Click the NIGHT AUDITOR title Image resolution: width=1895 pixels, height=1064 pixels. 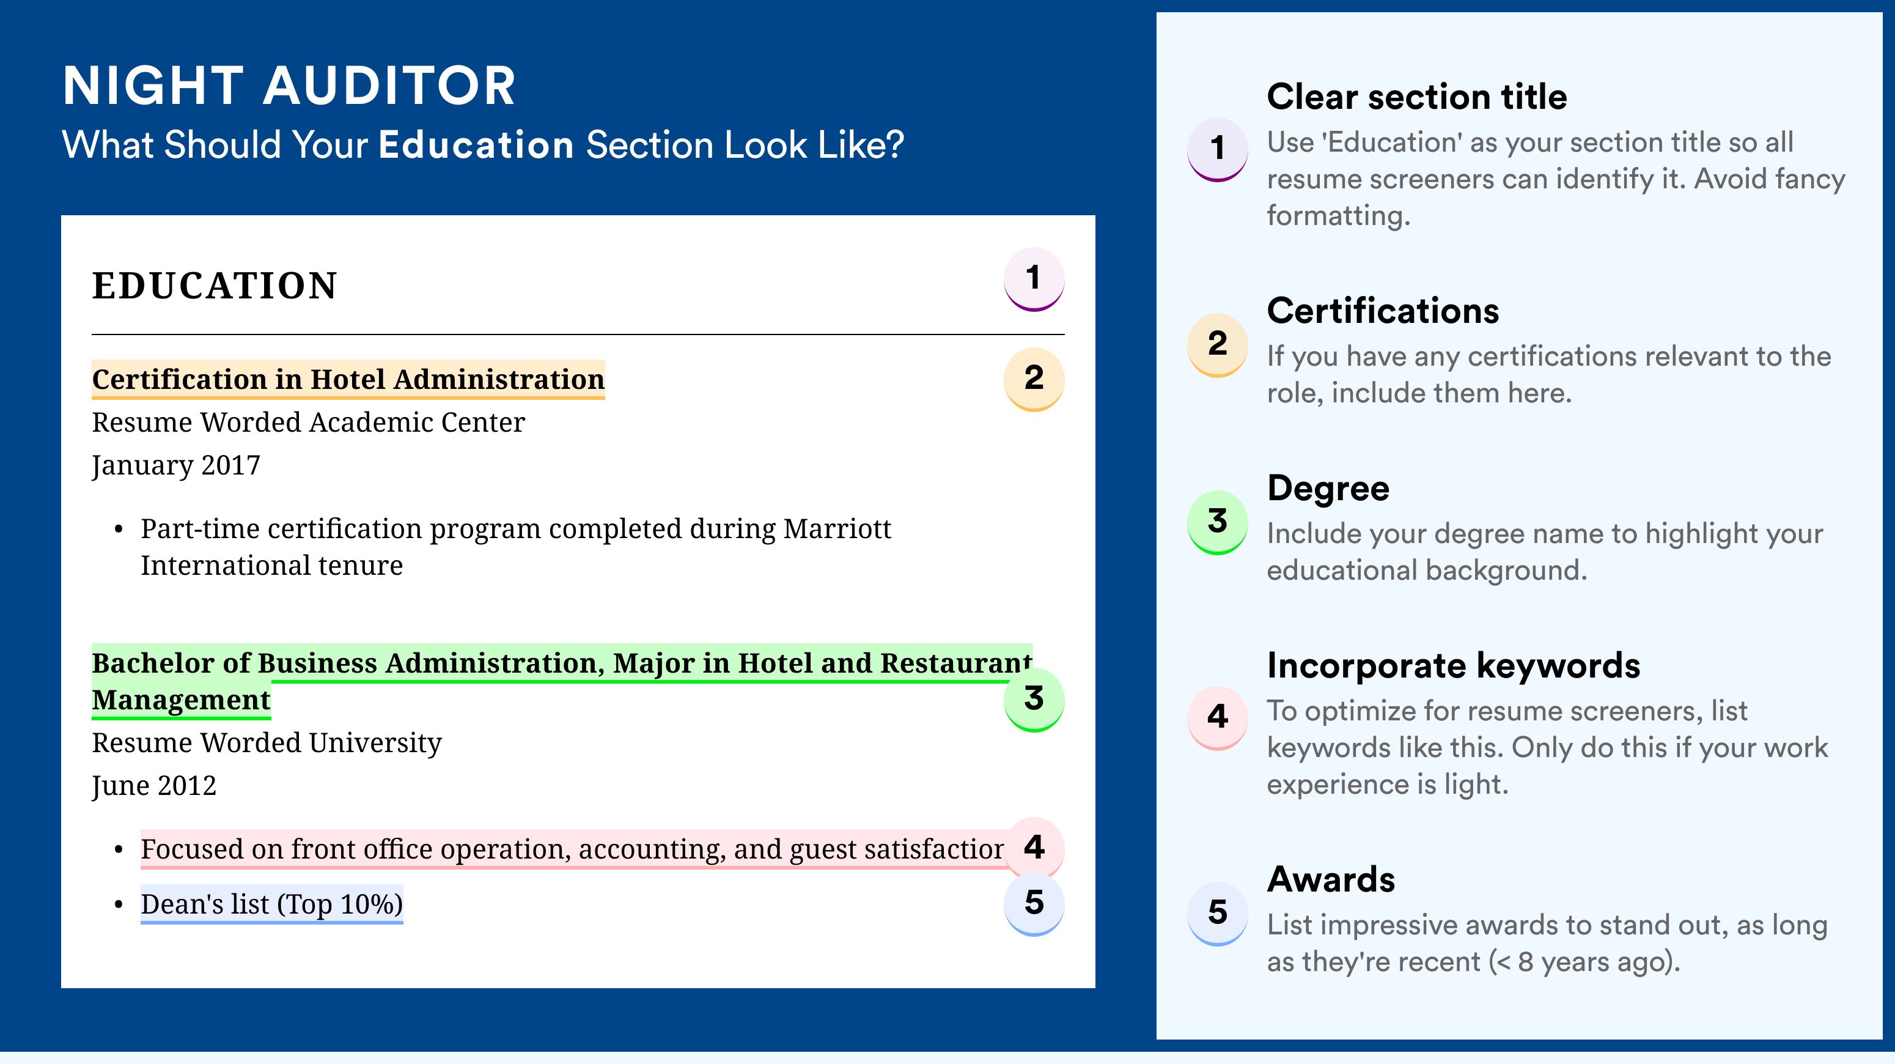(289, 86)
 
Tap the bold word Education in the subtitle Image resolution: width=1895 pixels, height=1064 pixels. (476, 144)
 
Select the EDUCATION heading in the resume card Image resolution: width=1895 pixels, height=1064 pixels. (214, 286)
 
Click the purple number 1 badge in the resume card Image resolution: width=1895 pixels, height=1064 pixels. (1034, 279)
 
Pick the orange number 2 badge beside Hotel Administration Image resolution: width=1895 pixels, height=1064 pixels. (1034, 379)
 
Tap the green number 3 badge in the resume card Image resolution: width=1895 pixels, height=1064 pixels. (1034, 699)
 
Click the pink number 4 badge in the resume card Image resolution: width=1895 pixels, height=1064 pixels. (1034, 848)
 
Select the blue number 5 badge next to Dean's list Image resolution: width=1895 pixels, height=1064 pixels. (1034, 904)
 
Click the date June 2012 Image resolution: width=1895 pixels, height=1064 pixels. (154, 786)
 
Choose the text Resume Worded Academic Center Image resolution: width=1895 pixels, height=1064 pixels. (308, 423)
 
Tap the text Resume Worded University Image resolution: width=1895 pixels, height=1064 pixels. (267, 743)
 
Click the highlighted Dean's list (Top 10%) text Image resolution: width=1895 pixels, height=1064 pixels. (271, 904)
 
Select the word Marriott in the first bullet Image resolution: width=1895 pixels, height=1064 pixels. (837, 528)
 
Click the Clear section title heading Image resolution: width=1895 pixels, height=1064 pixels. (1417, 97)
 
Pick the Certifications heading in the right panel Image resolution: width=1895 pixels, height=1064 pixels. (1383, 311)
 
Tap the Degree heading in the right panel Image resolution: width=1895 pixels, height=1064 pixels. (1328, 489)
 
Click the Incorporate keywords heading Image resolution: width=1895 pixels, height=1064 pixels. (1454, 666)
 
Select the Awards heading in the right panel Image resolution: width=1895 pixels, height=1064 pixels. (1331, 879)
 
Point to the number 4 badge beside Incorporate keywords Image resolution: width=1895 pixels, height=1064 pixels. (1218, 717)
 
